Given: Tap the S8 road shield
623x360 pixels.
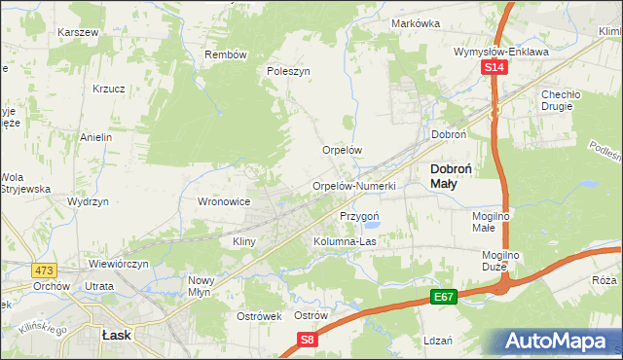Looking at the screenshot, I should click(308, 340).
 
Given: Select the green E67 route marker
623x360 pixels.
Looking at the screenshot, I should click(444, 295).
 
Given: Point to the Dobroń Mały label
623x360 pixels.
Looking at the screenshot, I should click(451, 175).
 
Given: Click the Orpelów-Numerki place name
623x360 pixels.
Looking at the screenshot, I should click(352, 185).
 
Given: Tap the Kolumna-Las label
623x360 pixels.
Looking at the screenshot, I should click(345, 241).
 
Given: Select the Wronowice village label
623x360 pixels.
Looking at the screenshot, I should click(225, 201).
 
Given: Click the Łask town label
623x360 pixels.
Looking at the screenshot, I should click(117, 334).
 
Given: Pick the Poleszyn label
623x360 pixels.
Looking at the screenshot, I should click(288, 72).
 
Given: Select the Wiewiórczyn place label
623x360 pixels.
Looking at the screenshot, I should click(118, 264).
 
